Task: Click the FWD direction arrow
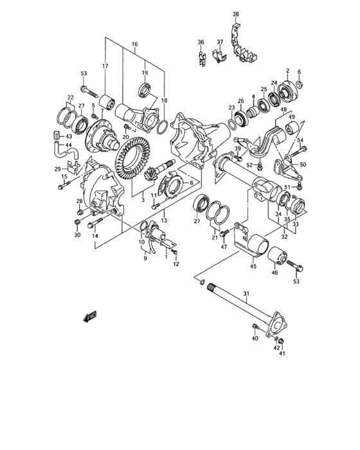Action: tap(87, 316)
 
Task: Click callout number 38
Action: tap(235, 14)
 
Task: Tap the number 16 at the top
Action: tap(134, 45)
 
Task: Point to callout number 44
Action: tap(69, 146)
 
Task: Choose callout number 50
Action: tap(303, 165)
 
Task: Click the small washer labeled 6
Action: tap(303, 84)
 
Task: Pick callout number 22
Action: tap(69, 97)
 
